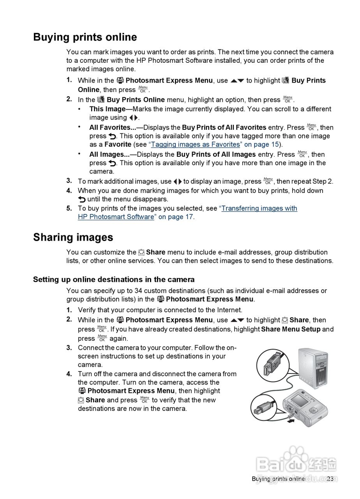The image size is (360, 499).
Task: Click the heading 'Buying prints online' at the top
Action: tap(85, 37)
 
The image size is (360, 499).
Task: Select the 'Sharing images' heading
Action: tap(73, 237)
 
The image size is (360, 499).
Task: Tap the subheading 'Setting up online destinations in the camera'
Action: tap(114, 280)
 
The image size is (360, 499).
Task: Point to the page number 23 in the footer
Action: tap(330, 479)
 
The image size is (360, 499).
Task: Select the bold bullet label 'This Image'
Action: tap(107, 109)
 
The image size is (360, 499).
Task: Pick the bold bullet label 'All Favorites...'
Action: tap(113, 127)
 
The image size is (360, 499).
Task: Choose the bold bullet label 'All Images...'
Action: tap(109, 154)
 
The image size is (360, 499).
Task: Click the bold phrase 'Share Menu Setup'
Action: tap(291, 329)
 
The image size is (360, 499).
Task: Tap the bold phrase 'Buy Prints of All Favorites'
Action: tap(224, 127)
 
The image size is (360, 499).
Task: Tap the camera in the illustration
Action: tap(305, 407)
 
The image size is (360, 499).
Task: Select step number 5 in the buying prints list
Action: tap(69, 209)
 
